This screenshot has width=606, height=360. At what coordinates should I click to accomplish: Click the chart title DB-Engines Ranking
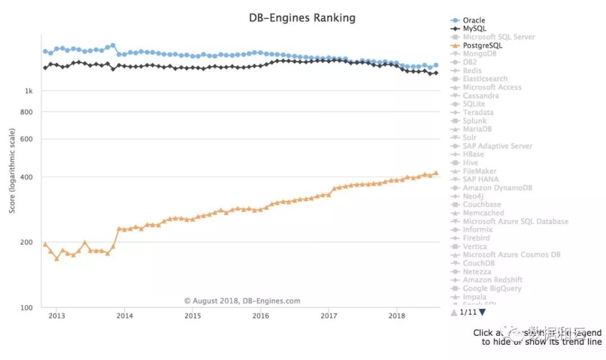click(302, 18)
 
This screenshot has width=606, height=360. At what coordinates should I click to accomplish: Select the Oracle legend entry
click(474, 20)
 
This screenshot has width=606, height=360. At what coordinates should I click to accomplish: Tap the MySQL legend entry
click(474, 29)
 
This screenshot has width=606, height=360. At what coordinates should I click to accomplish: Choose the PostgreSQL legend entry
click(483, 45)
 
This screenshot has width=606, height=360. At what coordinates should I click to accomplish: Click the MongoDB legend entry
click(480, 54)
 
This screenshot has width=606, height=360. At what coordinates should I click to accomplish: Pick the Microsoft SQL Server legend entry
click(498, 37)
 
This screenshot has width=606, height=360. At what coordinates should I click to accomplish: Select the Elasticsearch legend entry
click(485, 79)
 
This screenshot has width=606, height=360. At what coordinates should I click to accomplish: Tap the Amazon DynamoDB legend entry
click(497, 188)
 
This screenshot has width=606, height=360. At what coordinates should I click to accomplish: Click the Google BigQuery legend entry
click(492, 288)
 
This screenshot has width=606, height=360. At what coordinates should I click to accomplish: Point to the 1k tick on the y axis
click(28, 91)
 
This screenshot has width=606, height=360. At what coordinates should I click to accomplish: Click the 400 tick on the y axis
click(26, 177)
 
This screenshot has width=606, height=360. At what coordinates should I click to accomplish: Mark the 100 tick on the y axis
click(26, 307)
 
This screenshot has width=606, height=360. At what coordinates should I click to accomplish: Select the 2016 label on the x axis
click(261, 316)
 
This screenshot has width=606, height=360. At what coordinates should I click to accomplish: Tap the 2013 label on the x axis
click(57, 316)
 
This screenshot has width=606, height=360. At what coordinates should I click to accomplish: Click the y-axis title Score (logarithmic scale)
click(12, 170)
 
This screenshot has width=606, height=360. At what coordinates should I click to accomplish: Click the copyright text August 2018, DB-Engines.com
click(242, 301)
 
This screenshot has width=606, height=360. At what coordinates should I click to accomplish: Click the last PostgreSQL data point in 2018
click(436, 173)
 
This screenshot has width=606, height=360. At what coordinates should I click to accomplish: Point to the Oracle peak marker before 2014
click(113, 45)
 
